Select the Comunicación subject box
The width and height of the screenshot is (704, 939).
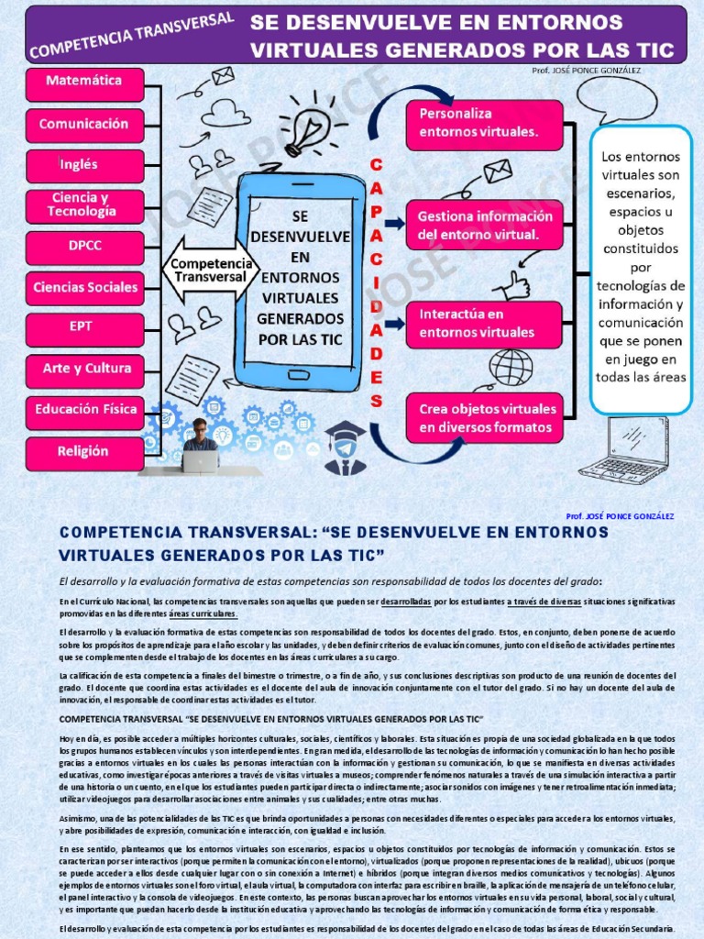pos(84,125)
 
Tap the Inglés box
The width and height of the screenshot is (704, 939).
pos(84,166)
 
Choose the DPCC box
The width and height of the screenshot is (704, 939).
pos(84,248)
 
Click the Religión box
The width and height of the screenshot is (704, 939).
pos(84,452)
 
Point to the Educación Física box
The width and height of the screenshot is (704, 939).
pos(84,410)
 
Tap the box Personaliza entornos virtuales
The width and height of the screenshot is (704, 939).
pos(484,124)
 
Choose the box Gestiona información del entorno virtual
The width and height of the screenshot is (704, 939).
pos(484,226)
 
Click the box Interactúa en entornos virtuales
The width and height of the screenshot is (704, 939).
pos(484,324)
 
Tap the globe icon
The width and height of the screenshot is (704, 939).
pos(511,368)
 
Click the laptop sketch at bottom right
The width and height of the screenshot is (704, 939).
pos(626,450)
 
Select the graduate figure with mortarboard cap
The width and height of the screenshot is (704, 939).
pos(345,448)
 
